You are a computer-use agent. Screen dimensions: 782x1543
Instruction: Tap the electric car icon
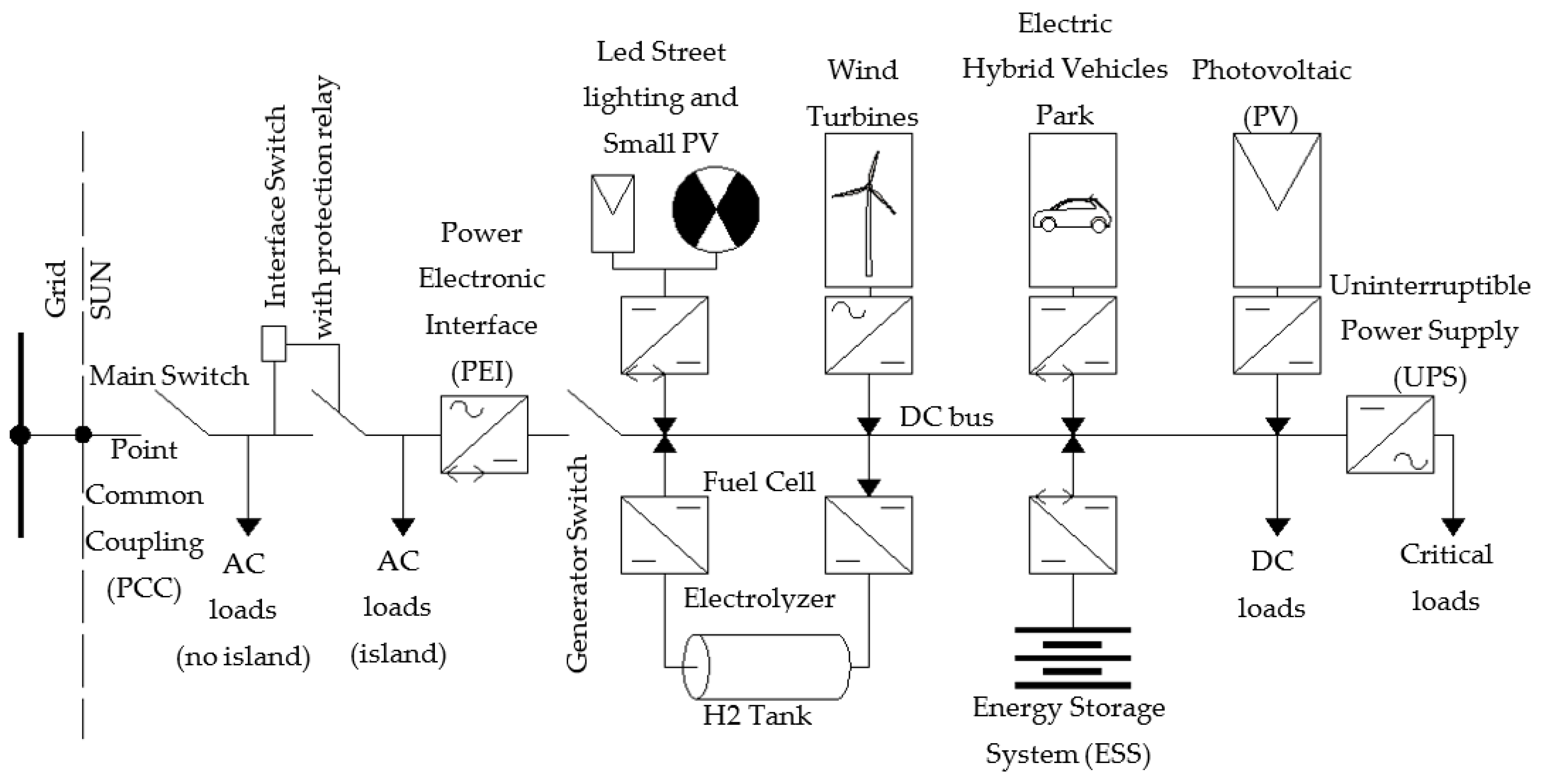(1072, 214)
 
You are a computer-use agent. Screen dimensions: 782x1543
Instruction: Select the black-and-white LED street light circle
(716, 209)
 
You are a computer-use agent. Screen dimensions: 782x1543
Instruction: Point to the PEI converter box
(484, 434)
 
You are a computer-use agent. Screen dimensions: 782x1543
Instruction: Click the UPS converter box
(1389, 434)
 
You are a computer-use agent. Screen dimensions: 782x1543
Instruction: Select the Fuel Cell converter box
(664, 535)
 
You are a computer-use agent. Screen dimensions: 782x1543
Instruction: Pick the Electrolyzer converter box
(869, 535)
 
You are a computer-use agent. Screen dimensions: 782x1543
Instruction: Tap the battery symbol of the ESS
(1072, 657)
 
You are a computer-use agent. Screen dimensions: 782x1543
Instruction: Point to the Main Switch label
(169, 376)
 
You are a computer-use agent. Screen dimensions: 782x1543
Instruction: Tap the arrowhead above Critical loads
(1453, 527)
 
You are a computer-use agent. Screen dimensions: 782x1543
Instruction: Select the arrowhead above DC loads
(1277, 527)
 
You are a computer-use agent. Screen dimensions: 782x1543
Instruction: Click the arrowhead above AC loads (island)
(403, 527)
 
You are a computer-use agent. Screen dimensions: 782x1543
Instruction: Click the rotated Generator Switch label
(578, 563)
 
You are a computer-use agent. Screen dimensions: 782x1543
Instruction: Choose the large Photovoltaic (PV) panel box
(1277, 209)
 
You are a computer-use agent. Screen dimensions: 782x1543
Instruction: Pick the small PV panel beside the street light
(612, 213)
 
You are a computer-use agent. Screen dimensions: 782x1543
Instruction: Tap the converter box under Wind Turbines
(869, 335)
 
